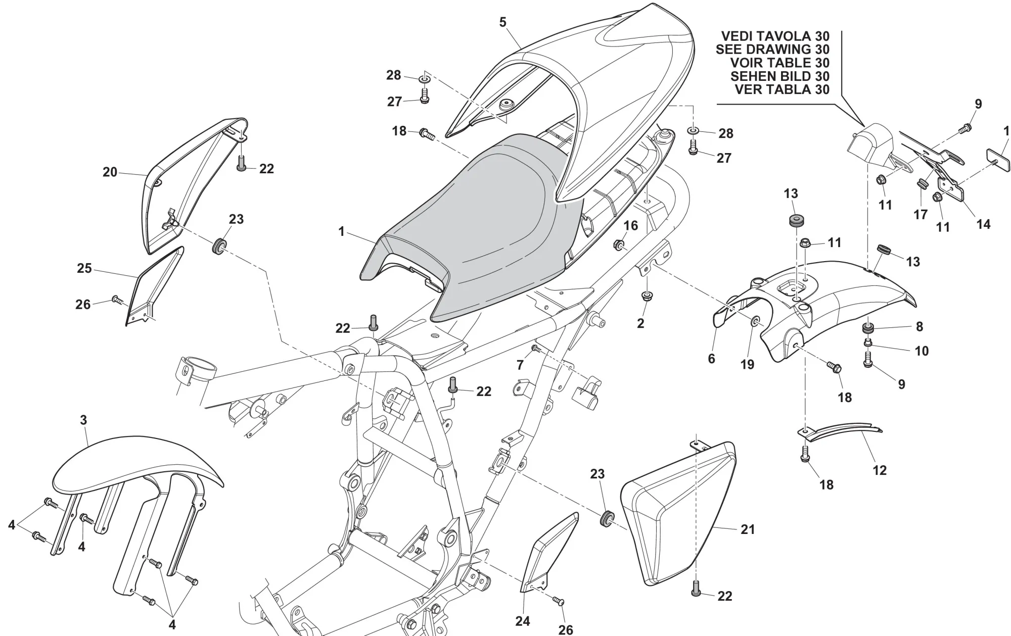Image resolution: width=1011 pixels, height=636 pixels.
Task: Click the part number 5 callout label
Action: pyautogui.click(x=502, y=22)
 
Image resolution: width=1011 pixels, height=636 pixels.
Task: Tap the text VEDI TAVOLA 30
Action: pyautogui.click(x=775, y=36)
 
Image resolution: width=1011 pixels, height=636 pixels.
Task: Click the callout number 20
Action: pyautogui.click(x=110, y=172)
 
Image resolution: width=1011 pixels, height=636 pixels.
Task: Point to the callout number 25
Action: pyautogui.click(x=84, y=268)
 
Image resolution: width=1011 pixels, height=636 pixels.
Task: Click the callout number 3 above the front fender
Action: pyautogui.click(x=83, y=420)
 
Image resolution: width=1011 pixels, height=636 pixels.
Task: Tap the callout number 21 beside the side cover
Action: pyautogui.click(x=748, y=529)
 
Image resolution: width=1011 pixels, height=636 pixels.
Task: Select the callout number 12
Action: pyautogui.click(x=880, y=470)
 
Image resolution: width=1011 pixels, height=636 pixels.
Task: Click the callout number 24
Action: pyautogui.click(x=523, y=621)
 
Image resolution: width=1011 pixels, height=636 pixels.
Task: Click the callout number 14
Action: pyautogui.click(x=983, y=224)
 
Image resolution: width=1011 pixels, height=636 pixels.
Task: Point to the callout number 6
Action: pyautogui.click(x=711, y=359)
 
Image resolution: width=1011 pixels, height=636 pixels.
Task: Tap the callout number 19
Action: pyautogui.click(x=747, y=364)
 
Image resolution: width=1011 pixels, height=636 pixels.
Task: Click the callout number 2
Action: pyautogui.click(x=640, y=324)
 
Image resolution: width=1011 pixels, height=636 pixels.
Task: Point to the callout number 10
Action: pyautogui.click(x=922, y=351)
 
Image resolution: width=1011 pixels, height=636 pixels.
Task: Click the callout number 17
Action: pyautogui.click(x=921, y=215)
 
